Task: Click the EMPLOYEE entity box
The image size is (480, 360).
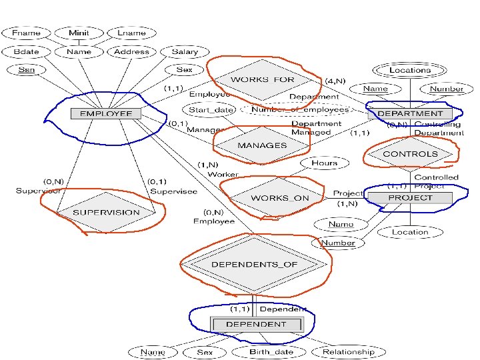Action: point(106,113)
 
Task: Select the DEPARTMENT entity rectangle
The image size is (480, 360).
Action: point(410,113)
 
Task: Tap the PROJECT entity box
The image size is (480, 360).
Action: point(410,198)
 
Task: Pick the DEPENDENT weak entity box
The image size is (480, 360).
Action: point(256,324)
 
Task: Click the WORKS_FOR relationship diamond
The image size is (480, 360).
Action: point(262,80)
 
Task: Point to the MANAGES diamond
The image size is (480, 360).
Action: point(262,145)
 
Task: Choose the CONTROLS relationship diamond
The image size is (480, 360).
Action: point(410,154)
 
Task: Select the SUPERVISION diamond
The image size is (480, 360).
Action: point(106,212)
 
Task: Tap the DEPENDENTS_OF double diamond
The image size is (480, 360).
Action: point(254,265)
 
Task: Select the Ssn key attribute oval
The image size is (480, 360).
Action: point(26,69)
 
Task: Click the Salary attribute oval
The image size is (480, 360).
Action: point(185,51)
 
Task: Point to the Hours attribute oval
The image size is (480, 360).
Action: point(324,163)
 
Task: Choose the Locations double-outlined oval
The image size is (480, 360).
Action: point(410,69)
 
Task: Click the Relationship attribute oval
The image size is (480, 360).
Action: point(348,351)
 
